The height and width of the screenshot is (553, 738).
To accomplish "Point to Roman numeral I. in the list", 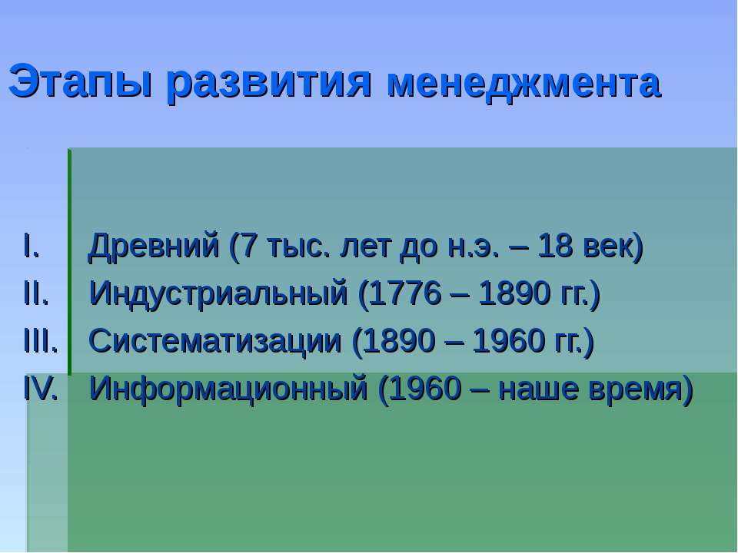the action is (x=32, y=246).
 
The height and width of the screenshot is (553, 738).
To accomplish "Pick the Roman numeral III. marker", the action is (x=41, y=340).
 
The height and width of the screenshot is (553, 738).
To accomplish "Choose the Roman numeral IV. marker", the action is (x=41, y=389).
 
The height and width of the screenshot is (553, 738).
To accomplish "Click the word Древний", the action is (x=154, y=247).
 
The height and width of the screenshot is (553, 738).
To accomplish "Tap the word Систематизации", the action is (x=215, y=342).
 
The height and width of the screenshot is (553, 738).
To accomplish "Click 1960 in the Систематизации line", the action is (x=509, y=340).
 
